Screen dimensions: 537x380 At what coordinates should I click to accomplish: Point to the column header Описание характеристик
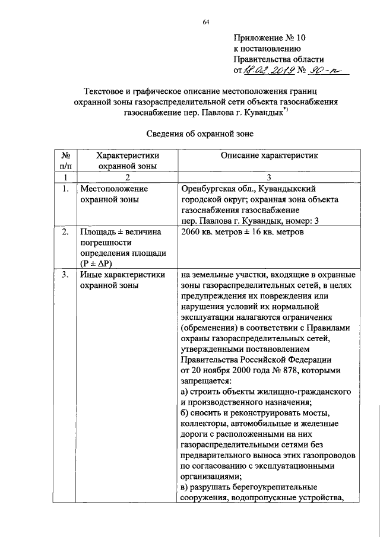click(x=269, y=155)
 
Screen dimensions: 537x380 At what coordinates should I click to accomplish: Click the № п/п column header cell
click(x=67, y=161)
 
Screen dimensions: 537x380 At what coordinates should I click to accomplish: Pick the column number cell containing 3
click(x=268, y=177)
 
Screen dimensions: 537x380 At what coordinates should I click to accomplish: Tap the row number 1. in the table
click(x=66, y=189)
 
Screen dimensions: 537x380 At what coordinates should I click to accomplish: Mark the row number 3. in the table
click(x=66, y=275)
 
